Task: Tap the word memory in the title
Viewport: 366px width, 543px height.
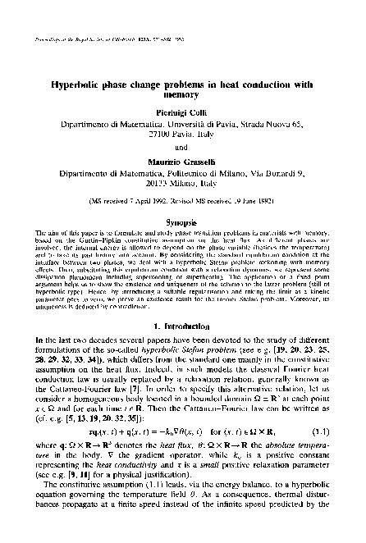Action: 182,95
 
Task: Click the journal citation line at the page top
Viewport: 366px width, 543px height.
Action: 115,38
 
